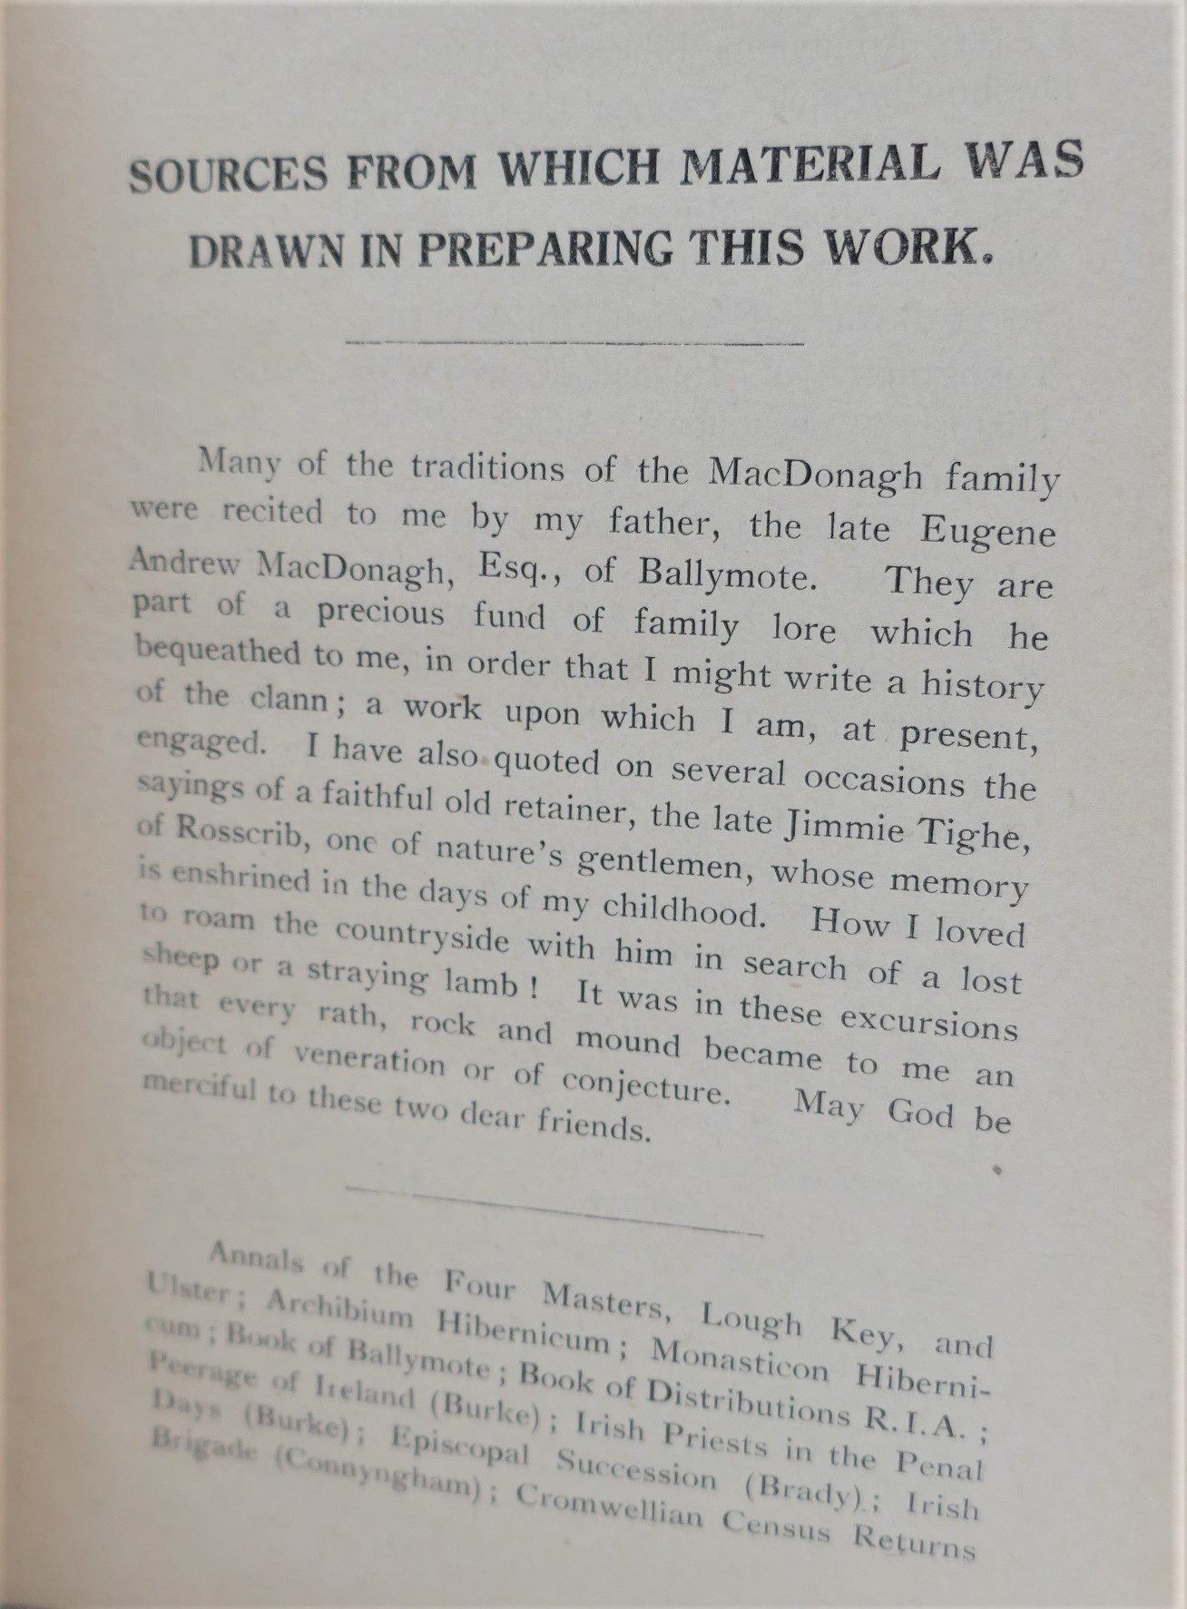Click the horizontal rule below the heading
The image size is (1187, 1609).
575,343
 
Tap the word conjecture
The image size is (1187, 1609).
644,1084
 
